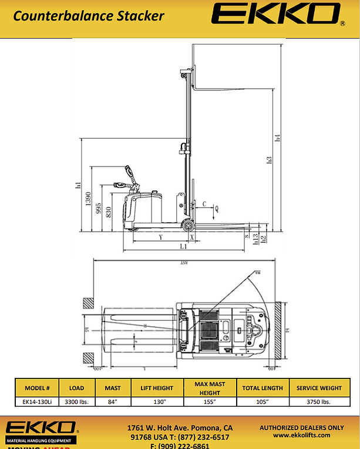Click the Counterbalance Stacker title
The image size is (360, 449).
click(89, 15)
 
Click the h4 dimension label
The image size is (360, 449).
click(278, 139)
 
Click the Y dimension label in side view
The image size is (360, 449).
click(160, 237)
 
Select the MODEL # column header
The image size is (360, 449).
click(41, 388)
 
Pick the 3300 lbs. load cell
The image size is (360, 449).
click(77, 402)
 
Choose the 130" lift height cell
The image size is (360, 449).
click(157, 402)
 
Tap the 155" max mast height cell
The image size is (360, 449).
click(210, 402)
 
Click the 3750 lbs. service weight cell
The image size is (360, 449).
click(319, 402)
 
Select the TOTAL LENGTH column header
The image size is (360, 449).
click(263, 388)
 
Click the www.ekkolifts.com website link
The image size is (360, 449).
click(302, 435)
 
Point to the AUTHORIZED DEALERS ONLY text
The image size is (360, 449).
click(302, 427)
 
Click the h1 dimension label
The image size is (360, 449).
click(78, 186)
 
